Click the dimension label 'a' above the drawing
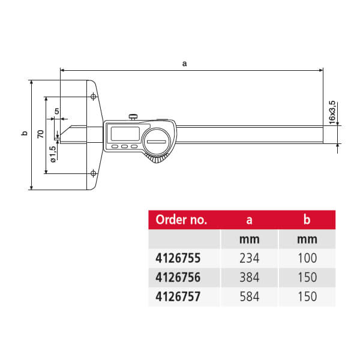coord(184,64)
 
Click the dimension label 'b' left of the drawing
coord(25,133)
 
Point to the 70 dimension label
coord(41,134)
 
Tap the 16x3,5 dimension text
coord(332,112)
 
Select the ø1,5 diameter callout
coord(53,154)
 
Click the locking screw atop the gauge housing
coord(133,117)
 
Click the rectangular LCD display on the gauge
coord(125,134)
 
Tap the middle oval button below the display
coord(124,146)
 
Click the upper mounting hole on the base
coord(93,97)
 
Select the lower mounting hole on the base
coord(93,173)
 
